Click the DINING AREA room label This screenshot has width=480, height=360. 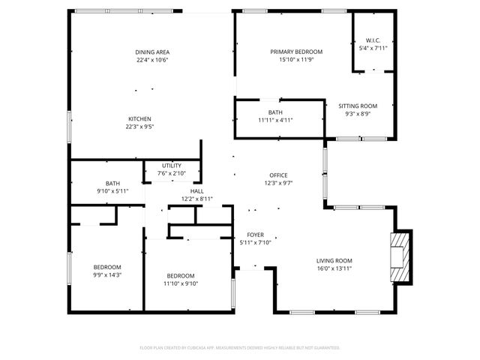coord(151,52)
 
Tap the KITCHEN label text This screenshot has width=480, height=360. coord(139,119)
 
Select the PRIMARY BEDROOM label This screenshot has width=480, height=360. coord(296,52)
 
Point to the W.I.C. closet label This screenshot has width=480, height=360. coord(373,40)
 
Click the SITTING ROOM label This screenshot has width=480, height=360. coord(358,106)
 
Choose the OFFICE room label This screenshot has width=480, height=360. coord(277,175)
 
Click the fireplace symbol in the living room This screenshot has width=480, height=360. coord(400,256)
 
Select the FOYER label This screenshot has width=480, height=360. coord(255,235)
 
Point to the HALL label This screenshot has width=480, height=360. coord(196,191)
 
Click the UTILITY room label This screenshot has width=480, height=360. coord(172,166)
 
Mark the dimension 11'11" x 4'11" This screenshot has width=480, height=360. coord(274,120)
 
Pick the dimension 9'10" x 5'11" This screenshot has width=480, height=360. coord(112,191)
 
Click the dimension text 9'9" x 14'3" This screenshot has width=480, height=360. coord(106,275)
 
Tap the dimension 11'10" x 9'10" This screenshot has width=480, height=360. coord(180,283)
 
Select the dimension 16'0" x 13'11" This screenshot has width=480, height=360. coord(334,268)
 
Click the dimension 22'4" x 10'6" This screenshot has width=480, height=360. coord(151,60)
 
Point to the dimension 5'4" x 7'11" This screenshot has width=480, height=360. coord(373,48)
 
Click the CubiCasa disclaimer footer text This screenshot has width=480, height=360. coord(240,348)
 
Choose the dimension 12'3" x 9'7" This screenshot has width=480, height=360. coord(277,184)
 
